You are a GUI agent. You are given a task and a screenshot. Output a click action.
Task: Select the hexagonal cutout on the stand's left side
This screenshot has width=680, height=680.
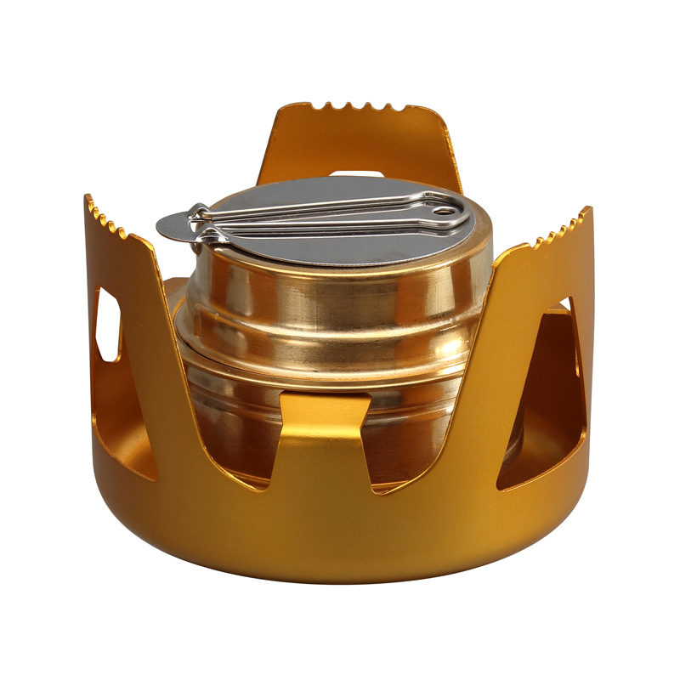click(107, 325)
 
